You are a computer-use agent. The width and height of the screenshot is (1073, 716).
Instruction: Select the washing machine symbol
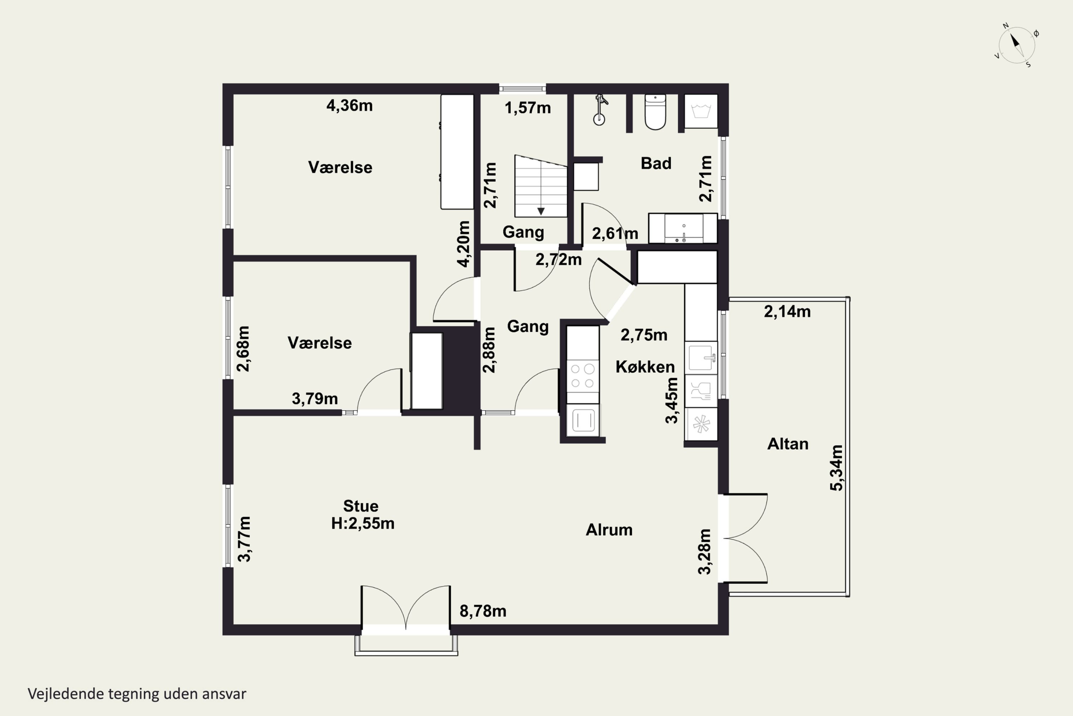pyautogui.click(x=701, y=111)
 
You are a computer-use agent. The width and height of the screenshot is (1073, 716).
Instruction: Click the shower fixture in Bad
pyautogui.click(x=600, y=110)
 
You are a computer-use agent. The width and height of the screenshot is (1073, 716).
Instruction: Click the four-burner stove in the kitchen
pyautogui.click(x=583, y=375)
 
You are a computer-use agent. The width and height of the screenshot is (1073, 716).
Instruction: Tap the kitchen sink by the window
pyautogui.click(x=701, y=358)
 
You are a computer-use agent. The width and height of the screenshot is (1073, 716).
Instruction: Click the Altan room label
pyautogui.click(x=788, y=444)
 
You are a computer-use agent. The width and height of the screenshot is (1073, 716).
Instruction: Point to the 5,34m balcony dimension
pyautogui.click(x=836, y=468)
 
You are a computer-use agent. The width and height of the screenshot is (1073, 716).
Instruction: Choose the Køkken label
pyautogui.click(x=645, y=367)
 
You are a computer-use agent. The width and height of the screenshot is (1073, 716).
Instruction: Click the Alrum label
pyautogui.click(x=609, y=530)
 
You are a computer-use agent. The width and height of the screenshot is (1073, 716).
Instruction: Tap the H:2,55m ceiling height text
pyautogui.click(x=363, y=523)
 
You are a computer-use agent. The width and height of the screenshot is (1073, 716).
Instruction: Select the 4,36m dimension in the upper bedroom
pyautogui.click(x=349, y=106)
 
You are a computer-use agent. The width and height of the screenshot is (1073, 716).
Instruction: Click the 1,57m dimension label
pyautogui.click(x=528, y=108)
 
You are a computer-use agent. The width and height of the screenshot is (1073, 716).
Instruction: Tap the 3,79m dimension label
pyautogui.click(x=315, y=399)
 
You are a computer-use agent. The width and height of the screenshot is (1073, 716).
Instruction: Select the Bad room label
pyautogui.click(x=656, y=164)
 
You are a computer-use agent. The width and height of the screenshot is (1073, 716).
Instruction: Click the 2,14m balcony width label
pyautogui.click(x=788, y=311)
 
